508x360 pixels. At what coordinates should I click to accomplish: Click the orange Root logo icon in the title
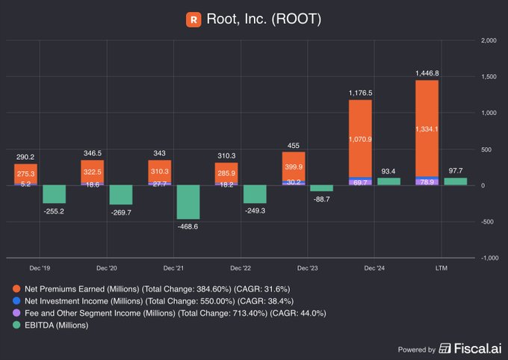[x=193, y=19]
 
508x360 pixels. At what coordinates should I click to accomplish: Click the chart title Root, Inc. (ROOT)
[x=263, y=19]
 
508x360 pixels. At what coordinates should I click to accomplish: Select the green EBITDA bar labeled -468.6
[x=188, y=202]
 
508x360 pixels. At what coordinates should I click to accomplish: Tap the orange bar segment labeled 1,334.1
[x=427, y=128]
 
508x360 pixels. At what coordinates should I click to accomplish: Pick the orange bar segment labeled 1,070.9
[x=360, y=138]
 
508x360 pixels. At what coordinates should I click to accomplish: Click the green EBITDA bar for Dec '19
[x=55, y=194]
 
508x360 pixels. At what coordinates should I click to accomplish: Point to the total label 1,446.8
[x=427, y=73]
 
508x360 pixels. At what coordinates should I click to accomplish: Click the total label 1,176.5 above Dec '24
[x=360, y=93]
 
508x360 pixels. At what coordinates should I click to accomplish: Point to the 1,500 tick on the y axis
[x=488, y=77]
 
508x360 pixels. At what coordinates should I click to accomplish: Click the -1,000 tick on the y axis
[x=486, y=258]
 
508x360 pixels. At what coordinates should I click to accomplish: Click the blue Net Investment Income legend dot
[x=16, y=300]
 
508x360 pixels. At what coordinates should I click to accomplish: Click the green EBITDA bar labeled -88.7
[x=321, y=188]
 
